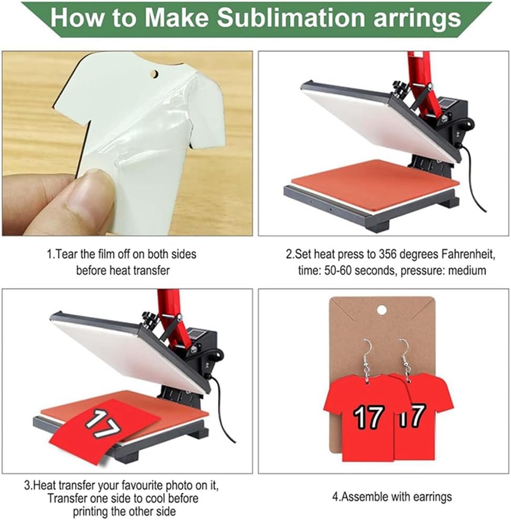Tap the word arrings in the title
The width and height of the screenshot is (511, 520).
pyautogui.click(x=417, y=20)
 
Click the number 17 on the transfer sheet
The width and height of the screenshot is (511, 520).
pyautogui.click(x=103, y=424)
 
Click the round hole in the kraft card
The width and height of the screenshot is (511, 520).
pyautogui.click(x=382, y=310)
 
